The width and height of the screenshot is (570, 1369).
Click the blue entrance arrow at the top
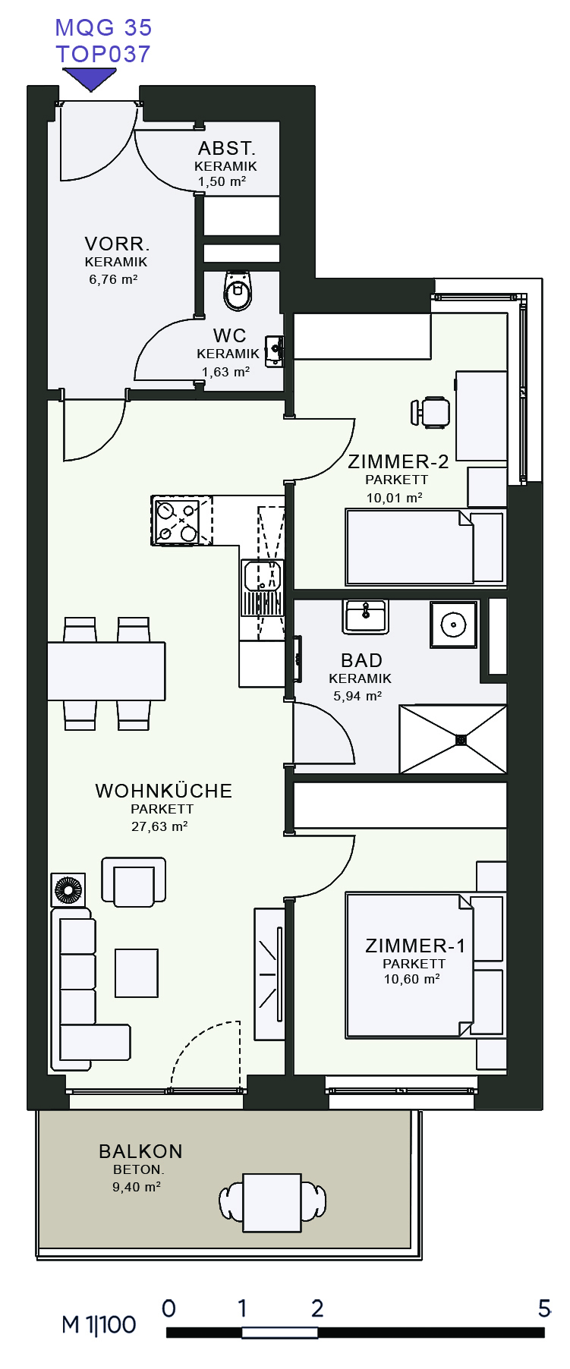click(90, 78)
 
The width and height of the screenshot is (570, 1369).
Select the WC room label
click(229, 335)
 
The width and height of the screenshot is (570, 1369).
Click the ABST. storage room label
click(226, 148)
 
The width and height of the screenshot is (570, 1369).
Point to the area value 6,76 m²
click(113, 279)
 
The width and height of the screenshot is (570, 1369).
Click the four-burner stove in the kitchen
click(177, 521)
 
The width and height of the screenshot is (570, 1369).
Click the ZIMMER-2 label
click(398, 461)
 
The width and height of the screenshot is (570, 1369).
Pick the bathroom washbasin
click(366, 615)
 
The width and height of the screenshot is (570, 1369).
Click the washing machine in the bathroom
click(454, 625)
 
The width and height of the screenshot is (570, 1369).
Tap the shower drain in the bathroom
click(461, 740)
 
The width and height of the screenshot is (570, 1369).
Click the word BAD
click(361, 660)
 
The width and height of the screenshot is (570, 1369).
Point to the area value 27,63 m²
click(159, 826)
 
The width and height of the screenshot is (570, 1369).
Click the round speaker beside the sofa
click(68, 890)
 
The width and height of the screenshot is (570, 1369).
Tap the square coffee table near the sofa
click(137, 973)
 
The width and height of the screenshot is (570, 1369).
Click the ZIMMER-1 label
click(415, 946)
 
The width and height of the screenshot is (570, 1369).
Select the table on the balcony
click(272, 1203)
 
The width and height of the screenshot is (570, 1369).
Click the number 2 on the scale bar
click(317, 1308)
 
